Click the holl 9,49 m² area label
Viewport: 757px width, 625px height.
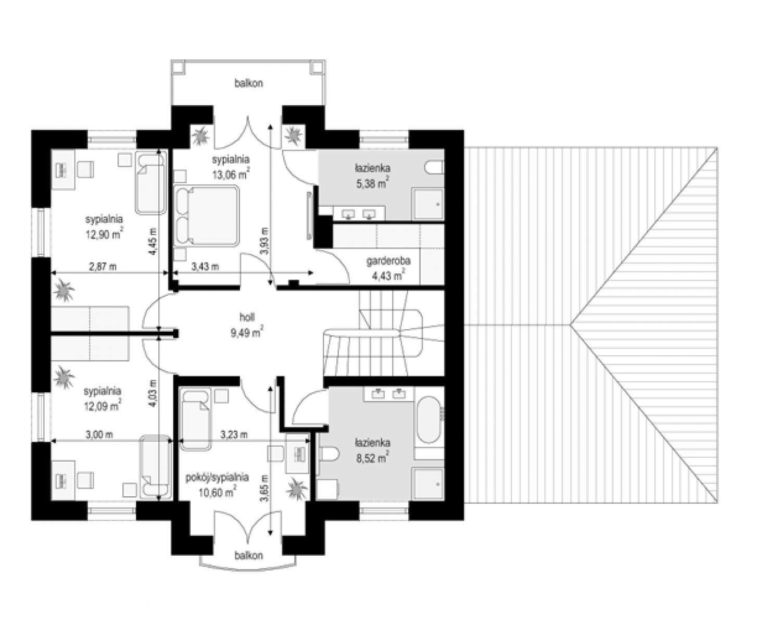pos(247,325)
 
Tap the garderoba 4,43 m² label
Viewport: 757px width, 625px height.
pos(388,268)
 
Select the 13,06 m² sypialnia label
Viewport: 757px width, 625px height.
pos(231,167)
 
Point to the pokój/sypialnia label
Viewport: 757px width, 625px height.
pos(217,478)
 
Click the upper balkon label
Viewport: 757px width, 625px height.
pos(249,83)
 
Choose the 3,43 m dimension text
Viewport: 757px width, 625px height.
pos(205,267)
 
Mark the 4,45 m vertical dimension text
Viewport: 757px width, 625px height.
pos(153,241)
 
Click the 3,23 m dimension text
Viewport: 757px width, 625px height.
pos(234,434)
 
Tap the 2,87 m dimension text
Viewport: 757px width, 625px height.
pos(103,267)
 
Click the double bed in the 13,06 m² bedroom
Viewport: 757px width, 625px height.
pos(207,215)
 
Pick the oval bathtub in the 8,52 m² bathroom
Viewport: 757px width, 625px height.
pos(428,420)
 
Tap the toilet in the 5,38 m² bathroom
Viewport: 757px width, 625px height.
pos(434,168)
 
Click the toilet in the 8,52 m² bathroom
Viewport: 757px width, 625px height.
pos(329,454)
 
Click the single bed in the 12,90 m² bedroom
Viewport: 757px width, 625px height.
pos(151,183)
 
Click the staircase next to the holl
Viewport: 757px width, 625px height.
pos(384,334)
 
